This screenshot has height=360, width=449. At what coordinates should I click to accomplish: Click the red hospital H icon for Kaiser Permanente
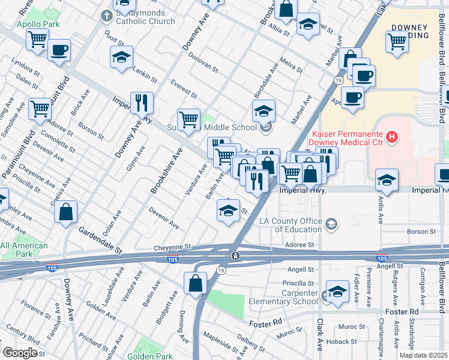(392, 137)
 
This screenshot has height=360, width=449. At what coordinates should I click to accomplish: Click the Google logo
(20, 353)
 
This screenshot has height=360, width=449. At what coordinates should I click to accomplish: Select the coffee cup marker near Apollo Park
(59, 50)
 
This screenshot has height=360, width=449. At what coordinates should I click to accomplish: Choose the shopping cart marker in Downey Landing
(397, 43)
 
